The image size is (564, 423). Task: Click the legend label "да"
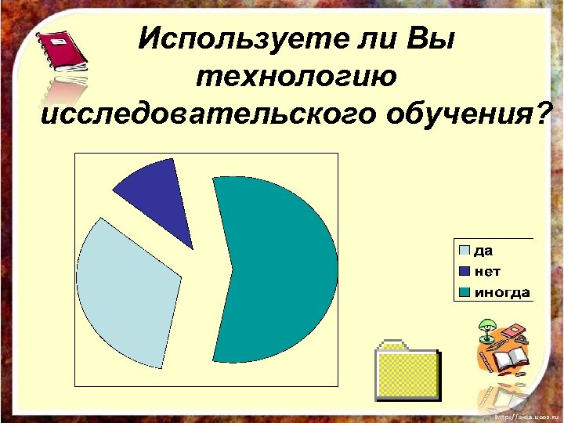click(x=483, y=251)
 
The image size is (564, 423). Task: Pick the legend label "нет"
click(x=487, y=272)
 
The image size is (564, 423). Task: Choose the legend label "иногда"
click(x=501, y=293)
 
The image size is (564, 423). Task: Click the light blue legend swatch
click(x=465, y=251)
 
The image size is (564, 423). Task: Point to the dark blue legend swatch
click(x=465, y=272)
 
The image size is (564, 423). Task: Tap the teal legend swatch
click(x=465, y=293)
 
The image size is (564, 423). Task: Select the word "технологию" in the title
click(x=296, y=78)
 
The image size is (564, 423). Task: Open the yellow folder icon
click(x=407, y=373)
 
